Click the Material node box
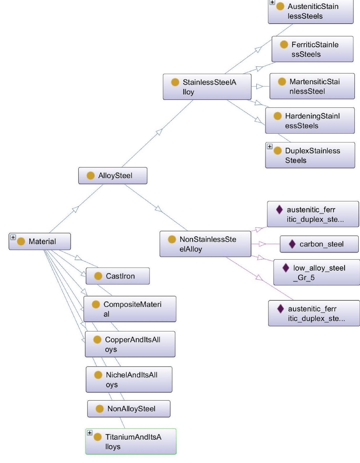coord(40,241)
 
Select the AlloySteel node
coord(113,176)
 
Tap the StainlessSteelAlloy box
coord(207,87)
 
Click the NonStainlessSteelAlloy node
coord(205,244)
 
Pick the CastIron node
coord(118,276)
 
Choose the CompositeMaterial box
coord(130,309)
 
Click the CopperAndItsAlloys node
coord(130,344)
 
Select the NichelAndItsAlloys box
coord(129,379)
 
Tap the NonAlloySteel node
coord(129,409)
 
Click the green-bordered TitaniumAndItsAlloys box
coord(131,441)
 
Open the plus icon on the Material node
coord(13,237)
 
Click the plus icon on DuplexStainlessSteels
coord(270,147)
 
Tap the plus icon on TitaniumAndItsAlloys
coord(90,433)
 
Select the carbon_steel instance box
coord(319,244)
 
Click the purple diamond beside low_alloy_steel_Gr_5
coord(286,268)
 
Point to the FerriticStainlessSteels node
coord(312,49)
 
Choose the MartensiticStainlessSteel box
coord(312,86)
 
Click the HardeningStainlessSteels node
coord(310,121)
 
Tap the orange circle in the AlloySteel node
coord(91,176)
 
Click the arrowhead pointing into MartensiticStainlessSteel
coord(259,86)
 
